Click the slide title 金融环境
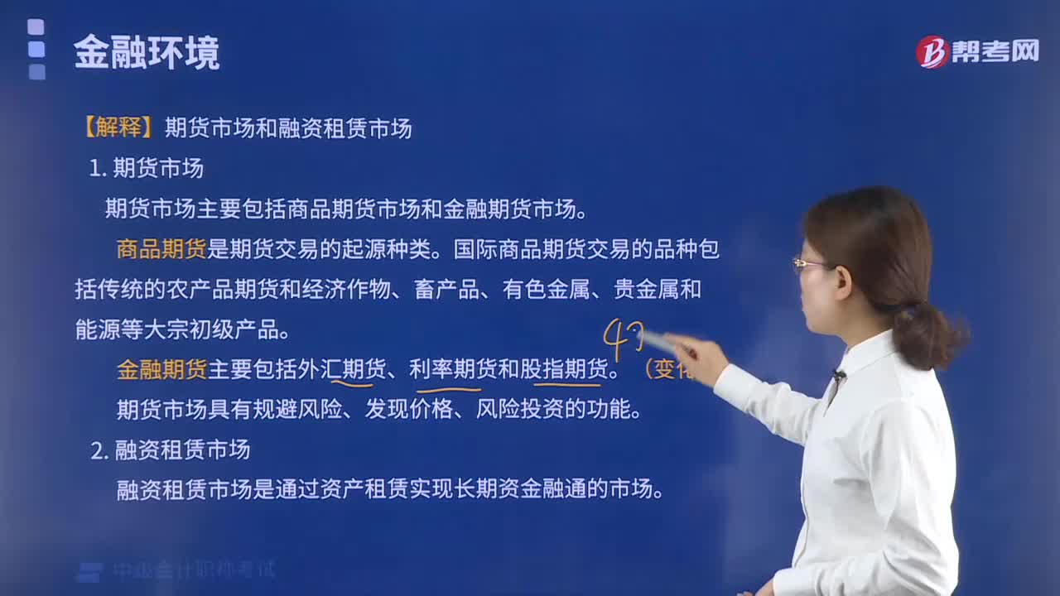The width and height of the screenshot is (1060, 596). (x=147, y=54)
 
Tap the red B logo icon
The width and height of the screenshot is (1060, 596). (x=932, y=51)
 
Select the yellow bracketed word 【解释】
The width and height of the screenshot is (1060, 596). (x=115, y=128)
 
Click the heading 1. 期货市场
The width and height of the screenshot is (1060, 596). (x=147, y=169)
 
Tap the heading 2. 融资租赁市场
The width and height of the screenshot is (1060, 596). (x=171, y=450)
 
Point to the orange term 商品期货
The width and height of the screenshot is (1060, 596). (x=161, y=249)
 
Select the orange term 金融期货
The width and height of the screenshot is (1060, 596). (x=161, y=369)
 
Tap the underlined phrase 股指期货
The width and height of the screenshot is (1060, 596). (x=569, y=369)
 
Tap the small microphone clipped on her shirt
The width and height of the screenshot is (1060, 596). (x=838, y=376)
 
